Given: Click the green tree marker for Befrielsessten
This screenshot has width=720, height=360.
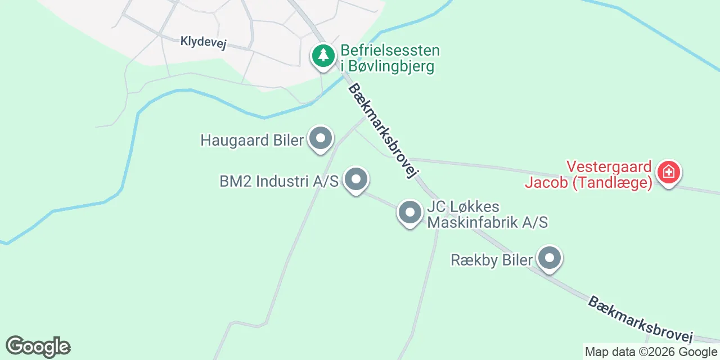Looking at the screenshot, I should (323, 56).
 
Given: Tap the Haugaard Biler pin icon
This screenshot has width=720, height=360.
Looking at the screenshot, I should (321, 138).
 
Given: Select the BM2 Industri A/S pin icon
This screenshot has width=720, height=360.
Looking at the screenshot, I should (355, 181).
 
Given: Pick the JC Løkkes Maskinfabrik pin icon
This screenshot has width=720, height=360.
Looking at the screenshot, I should (410, 213).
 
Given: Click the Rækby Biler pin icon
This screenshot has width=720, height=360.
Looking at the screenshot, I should (550, 259).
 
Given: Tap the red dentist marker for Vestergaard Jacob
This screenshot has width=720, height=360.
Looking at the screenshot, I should (668, 172).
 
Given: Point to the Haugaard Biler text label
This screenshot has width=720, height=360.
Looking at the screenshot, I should (252, 140).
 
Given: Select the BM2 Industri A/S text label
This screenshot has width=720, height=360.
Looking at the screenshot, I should (279, 182).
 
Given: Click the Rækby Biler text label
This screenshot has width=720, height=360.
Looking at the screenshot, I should (492, 260).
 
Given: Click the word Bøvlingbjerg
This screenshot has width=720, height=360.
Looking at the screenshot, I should (388, 66).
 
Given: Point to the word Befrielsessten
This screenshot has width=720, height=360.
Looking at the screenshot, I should (390, 51).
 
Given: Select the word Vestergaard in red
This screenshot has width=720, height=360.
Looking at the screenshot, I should (609, 167).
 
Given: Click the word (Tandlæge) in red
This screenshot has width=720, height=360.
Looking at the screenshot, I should (612, 183).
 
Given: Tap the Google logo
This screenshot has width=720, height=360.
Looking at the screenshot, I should (38, 346).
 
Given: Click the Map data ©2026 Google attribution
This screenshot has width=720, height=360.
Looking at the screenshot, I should (651, 352).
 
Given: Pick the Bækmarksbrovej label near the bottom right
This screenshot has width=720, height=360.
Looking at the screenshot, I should (640, 319).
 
